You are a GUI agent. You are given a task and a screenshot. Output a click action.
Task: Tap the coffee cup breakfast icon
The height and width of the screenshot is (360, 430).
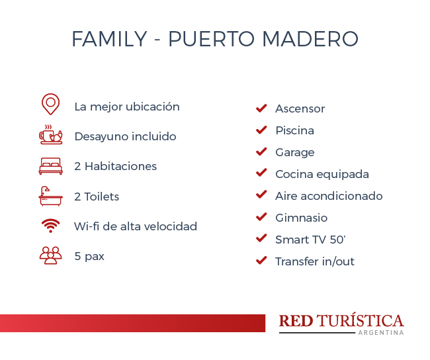coord(51,135)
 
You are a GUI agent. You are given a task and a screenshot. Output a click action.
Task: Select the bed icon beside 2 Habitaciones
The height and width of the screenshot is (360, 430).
coord(51,166)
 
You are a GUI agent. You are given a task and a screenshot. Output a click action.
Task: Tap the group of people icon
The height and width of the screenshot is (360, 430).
coord(51,255)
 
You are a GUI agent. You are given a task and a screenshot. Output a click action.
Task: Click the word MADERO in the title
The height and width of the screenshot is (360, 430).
coord(310,39)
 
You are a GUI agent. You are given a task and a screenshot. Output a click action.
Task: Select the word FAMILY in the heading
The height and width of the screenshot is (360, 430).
coord(110,39)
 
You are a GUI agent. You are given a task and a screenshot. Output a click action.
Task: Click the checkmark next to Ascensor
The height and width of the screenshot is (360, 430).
coord(261,109)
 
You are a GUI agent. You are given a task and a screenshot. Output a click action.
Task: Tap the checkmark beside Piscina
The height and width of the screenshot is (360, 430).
coord(261,130)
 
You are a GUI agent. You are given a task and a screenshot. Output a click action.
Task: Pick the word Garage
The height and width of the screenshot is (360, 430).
coord(295,153)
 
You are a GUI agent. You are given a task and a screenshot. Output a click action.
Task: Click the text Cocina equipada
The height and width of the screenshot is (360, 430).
coord(322,175)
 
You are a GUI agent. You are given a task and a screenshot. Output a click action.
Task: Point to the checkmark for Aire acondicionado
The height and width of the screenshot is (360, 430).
coord(261,195)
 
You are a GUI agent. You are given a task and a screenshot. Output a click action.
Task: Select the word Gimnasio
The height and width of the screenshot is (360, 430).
coord(302,218)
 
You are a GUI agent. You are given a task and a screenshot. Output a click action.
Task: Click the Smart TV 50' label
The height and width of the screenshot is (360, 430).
coord(310,240)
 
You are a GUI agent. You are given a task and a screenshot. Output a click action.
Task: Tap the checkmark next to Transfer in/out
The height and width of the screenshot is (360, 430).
coord(261,260)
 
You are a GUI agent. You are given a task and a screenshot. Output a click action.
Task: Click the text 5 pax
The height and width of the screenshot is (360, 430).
coord(89,257)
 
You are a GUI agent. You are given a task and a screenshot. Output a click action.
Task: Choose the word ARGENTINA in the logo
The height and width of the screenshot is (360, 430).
coord(381,333)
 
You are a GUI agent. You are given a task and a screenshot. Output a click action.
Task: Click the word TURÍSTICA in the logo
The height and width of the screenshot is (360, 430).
coord(360,320)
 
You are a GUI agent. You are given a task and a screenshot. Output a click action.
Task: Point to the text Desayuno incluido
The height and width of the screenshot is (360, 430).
coord(125,136)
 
